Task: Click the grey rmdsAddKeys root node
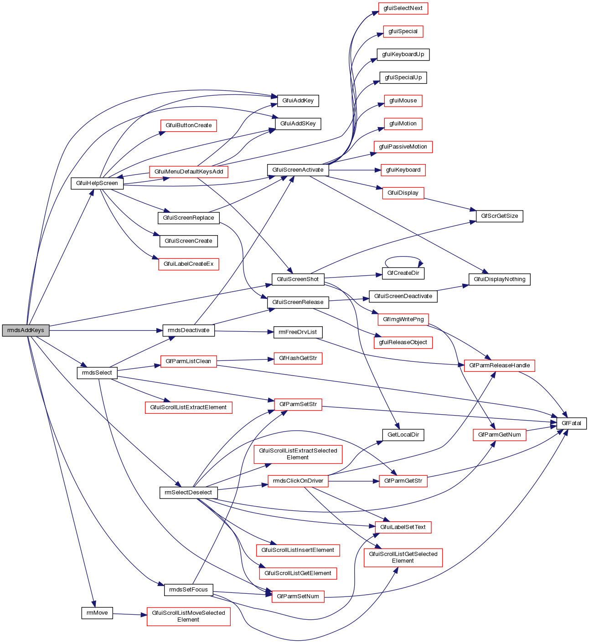tap(26, 330)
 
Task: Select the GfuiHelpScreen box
tap(97, 183)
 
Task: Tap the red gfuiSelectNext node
tap(403, 8)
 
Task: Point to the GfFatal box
tap(571, 423)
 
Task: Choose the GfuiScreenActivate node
tap(298, 170)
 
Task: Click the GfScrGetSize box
tap(499, 216)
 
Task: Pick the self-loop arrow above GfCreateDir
tap(403, 257)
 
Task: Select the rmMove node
tap(97, 613)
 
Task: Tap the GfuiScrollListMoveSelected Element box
tap(188, 616)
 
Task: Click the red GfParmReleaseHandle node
tap(499, 365)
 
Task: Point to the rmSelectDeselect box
tap(188, 493)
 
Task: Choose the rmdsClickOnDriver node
tap(298, 481)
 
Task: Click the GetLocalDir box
tap(403, 435)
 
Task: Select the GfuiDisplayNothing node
tap(499, 279)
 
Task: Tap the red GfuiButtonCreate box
tap(188, 125)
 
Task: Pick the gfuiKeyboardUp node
tap(403, 55)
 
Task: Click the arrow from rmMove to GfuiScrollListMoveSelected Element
tap(129, 615)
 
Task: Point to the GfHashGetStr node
tap(298, 358)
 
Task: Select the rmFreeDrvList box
tap(298, 332)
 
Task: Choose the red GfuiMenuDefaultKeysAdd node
tap(188, 172)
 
